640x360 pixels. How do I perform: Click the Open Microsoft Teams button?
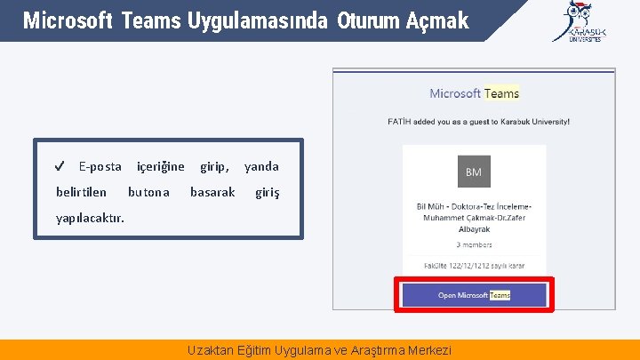[x=474, y=295]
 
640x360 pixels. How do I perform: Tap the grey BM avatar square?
[x=474, y=172]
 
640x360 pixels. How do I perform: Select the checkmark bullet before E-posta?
[x=59, y=166]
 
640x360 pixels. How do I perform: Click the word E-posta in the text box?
[x=100, y=166]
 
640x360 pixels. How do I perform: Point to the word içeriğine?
[x=160, y=166]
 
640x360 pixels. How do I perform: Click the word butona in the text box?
[x=148, y=191]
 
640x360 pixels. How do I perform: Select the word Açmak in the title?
[x=438, y=20]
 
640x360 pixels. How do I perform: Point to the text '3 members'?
[x=474, y=244]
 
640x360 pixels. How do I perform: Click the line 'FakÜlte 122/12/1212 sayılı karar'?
[x=474, y=265]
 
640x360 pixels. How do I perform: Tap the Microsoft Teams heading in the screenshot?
[x=474, y=93]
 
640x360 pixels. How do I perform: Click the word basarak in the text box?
[x=212, y=191]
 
